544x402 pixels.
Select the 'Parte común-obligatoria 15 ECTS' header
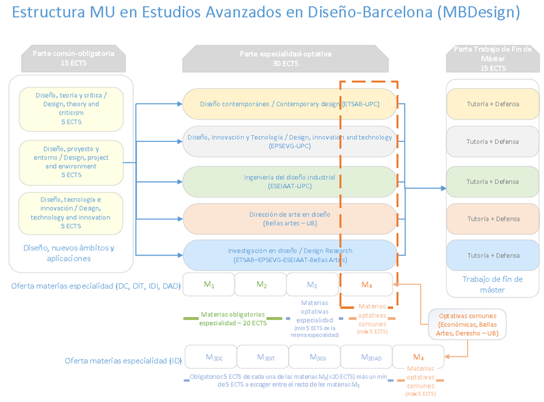pos(73,58)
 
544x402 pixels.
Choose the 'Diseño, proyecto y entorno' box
pos(71,162)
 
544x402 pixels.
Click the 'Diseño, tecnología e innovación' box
pos(71,213)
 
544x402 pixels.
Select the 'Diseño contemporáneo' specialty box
pos(289,104)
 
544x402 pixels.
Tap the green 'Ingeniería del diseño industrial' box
pos(289,181)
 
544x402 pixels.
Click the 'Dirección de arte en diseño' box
pos(289,218)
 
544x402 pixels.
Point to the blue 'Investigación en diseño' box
pos(289,255)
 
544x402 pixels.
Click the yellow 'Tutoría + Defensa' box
pos(492,104)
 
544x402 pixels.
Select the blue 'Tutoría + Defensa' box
pos(492,255)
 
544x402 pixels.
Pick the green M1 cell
pos(209,285)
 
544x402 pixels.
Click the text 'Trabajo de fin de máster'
pos(492,285)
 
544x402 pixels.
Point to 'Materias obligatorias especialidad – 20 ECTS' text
pos(232,319)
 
